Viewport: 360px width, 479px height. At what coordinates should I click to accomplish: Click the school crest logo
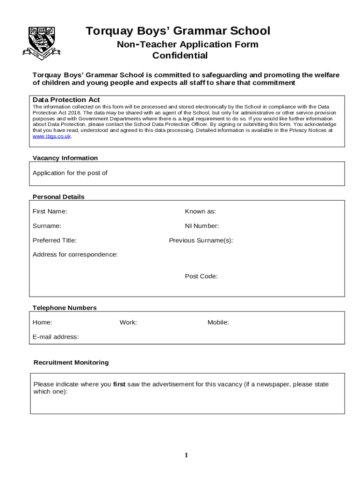click(x=41, y=43)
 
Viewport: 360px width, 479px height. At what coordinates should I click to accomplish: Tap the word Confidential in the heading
click(x=180, y=56)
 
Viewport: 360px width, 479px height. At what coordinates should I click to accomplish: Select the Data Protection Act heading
click(x=66, y=100)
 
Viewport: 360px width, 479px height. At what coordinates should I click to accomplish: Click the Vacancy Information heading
click(x=65, y=158)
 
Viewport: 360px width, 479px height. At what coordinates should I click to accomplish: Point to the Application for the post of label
click(x=70, y=173)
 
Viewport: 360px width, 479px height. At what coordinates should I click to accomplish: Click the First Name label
click(x=50, y=211)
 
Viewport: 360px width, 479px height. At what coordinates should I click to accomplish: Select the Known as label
click(x=200, y=211)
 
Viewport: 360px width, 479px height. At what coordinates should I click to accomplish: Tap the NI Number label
click(x=202, y=226)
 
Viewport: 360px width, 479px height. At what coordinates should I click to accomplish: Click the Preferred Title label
click(x=55, y=240)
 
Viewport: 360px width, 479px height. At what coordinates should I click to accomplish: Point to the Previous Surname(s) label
click(x=201, y=240)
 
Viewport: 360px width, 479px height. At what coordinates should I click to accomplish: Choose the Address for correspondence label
click(x=75, y=254)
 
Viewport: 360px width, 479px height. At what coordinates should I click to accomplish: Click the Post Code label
click(x=201, y=276)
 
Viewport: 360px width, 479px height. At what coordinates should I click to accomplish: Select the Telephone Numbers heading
click(x=65, y=308)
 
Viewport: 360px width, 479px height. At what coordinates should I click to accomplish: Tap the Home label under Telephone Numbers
click(x=43, y=322)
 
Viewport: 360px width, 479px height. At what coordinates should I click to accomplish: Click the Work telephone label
click(x=128, y=322)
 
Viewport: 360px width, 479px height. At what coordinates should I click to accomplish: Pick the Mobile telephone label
click(x=218, y=322)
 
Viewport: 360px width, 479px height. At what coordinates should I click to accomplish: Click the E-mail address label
click(x=56, y=337)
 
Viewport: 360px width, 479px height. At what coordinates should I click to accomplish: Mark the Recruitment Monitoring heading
click(x=71, y=363)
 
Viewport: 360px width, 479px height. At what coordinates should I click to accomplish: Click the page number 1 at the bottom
click(x=186, y=455)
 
